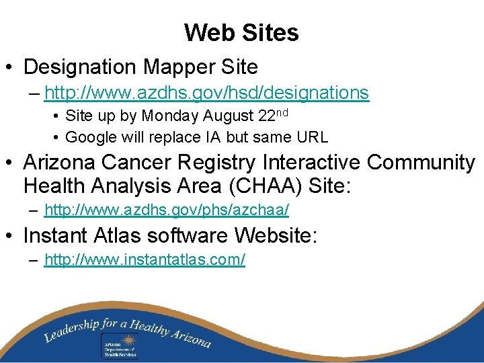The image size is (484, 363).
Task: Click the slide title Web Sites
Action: [241, 32]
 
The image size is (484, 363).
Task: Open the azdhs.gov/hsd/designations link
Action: [206, 93]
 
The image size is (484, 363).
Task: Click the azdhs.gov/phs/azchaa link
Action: [166, 211]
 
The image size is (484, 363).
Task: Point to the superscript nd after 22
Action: [280, 112]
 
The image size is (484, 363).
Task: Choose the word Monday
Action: [169, 116]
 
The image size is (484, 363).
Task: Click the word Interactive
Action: [309, 163]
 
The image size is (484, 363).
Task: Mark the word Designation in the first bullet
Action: [80, 67]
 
